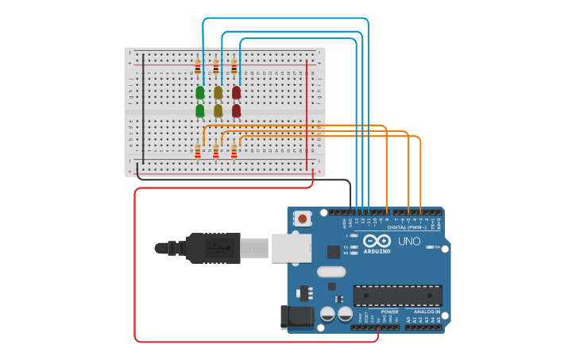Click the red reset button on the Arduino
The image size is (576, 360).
point(303,218)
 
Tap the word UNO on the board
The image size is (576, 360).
point(409,241)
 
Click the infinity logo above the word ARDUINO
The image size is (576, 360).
point(377,240)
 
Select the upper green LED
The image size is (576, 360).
point(200,92)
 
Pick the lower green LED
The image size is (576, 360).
point(200,110)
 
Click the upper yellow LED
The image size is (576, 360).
point(218,92)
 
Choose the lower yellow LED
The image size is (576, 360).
point(218,110)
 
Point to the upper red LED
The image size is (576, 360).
point(237,92)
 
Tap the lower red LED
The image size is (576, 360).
point(237,110)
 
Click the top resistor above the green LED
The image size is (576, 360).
point(198,66)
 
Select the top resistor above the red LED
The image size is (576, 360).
point(234,66)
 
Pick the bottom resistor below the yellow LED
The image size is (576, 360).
point(216,151)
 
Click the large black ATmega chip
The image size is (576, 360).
point(398,295)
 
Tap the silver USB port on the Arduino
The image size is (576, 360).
point(292,247)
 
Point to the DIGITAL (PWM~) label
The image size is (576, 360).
point(406,227)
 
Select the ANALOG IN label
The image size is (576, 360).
point(426,312)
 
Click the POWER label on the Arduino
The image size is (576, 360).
point(389,312)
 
